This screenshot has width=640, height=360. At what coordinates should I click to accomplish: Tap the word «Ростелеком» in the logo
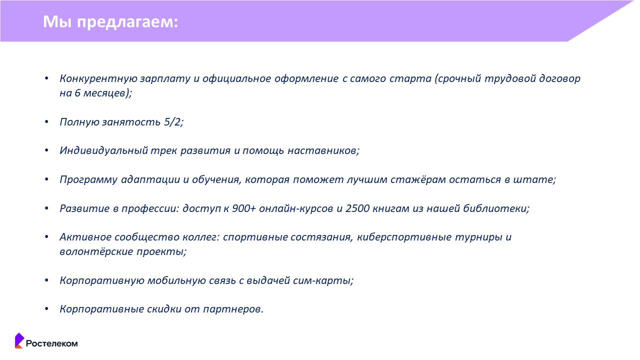(x=51, y=343)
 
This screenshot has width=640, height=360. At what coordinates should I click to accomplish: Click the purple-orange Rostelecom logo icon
(x=19, y=340)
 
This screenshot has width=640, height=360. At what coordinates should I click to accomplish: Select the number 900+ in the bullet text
(x=243, y=208)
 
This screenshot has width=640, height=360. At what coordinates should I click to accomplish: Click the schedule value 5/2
(x=172, y=122)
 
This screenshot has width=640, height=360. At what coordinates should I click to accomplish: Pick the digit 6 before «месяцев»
(x=77, y=93)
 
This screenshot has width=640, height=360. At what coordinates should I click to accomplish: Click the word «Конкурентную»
(x=98, y=78)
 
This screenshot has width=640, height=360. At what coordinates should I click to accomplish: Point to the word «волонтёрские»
(x=96, y=251)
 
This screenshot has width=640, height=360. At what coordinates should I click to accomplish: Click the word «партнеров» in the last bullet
(x=232, y=309)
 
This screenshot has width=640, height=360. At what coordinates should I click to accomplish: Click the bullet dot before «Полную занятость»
(x=46, y=122)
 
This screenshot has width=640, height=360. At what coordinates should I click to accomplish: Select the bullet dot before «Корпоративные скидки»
(x=46, y=309)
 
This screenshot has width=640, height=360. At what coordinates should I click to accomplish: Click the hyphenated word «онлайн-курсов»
(x=296, y=208)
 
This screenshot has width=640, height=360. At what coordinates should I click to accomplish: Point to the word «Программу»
(x=88, y=179)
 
